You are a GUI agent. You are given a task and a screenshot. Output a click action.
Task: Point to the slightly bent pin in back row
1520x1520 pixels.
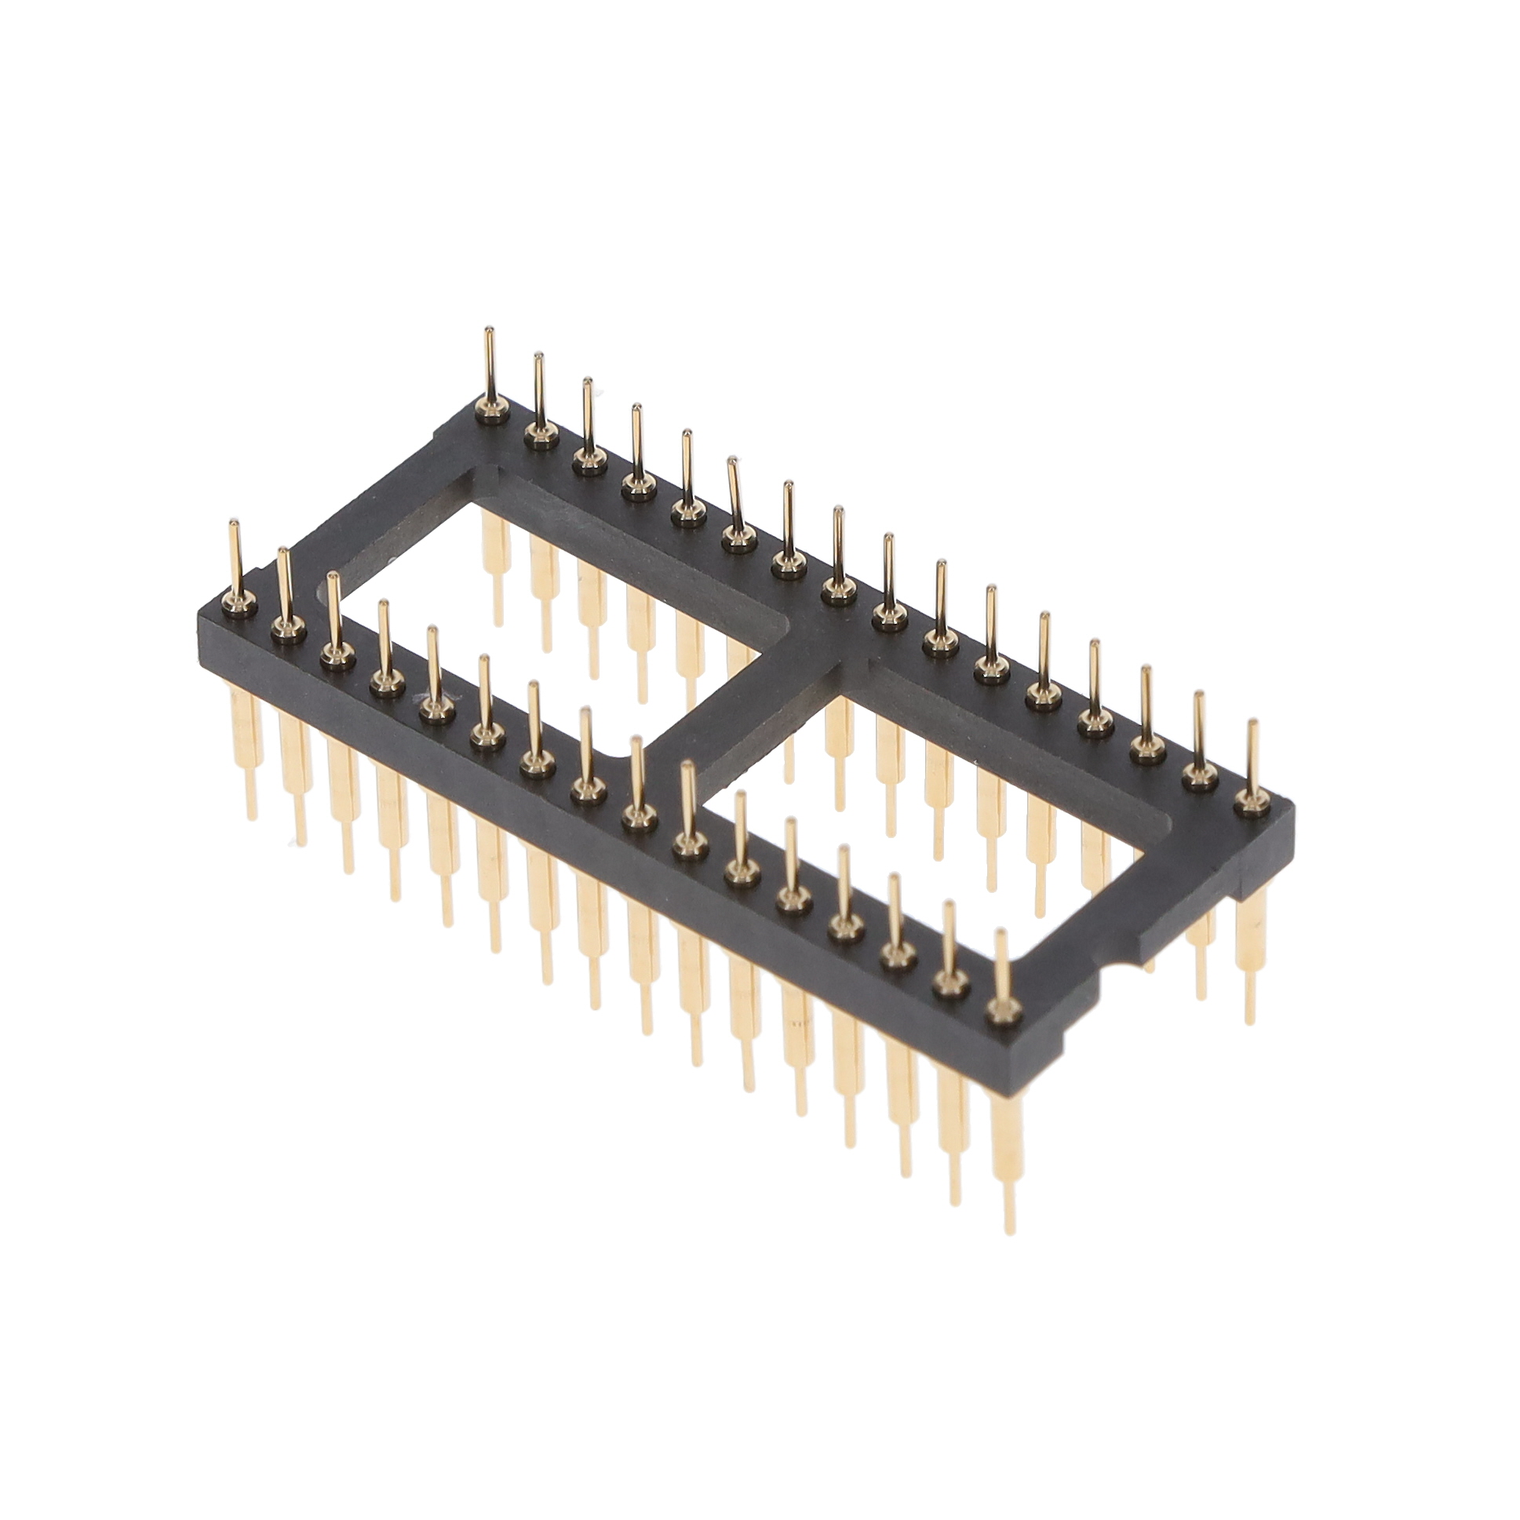pyautogui.click(x=734, y=496)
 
